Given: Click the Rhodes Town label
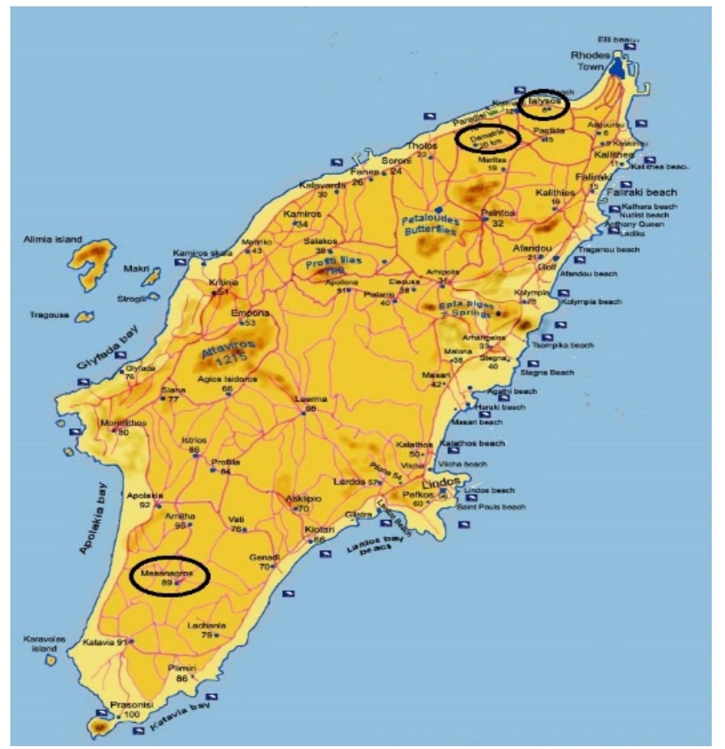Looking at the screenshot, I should click(x=589, y=61).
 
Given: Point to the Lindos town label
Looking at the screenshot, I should click(x=441, y=482).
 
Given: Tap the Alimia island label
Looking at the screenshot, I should click(x=53, y=239).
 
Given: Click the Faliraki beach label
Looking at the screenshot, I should click(x=642, y=192).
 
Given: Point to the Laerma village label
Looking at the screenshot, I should click(x=310, y=399).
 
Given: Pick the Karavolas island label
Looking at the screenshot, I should click(x=44, y=643).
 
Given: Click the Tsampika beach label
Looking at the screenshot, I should click(x=562, y=345).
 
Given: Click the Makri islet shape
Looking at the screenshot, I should click(x=151, y=278).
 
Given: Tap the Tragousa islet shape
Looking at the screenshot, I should click(x=86, y=316).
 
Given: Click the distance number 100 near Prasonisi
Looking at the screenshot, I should click(x=132, y=714).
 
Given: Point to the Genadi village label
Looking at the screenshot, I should click(x=264, y=557).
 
